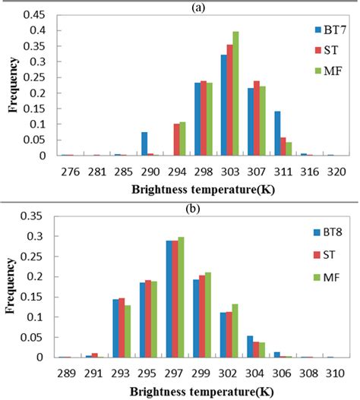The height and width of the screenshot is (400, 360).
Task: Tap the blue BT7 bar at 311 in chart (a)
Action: [298, 134]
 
